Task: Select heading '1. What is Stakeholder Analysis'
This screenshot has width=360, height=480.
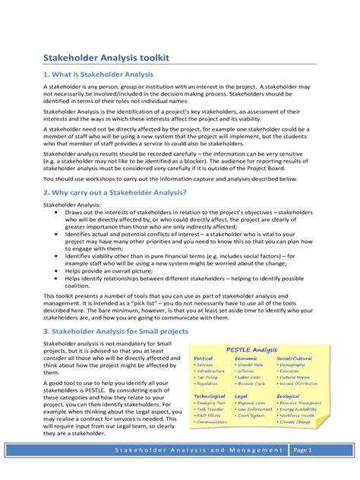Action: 98,74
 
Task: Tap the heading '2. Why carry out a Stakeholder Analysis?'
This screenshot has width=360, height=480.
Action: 115,194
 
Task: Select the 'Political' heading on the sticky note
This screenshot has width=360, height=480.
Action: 204,358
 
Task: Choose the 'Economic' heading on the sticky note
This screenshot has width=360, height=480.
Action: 246,358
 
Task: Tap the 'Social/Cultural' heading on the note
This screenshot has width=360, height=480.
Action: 294,358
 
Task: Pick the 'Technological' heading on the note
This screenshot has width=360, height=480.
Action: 210,396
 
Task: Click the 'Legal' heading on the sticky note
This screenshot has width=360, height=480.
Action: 242,396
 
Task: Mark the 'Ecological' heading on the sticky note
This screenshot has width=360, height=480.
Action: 289,396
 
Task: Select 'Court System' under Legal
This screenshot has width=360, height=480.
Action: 252,416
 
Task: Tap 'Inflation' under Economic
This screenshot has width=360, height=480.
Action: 248,371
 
